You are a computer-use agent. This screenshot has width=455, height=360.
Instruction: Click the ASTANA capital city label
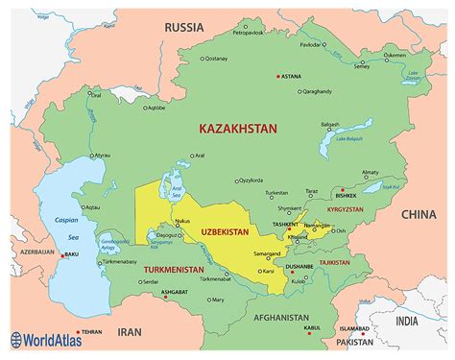click(291, 77)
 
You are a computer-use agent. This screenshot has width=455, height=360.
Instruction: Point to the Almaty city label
click(371, 173)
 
